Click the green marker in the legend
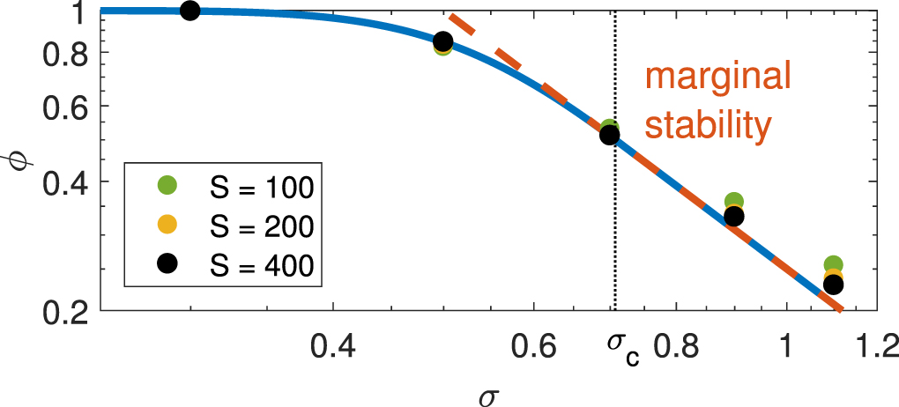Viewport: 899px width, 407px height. click(167, 186)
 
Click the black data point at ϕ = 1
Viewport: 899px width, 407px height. click(189, 11)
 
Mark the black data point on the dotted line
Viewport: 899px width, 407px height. click(609, 135)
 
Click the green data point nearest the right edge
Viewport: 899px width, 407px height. click(832, 264)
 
